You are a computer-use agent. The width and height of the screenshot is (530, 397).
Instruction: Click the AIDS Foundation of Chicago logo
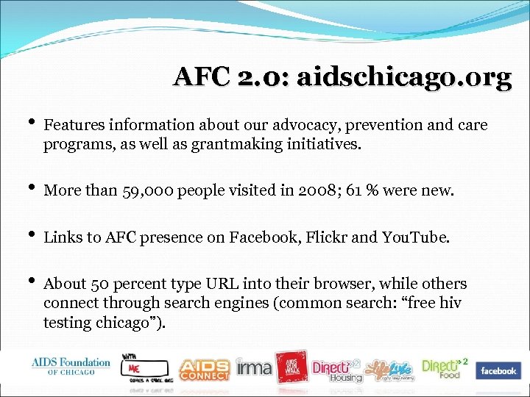(x=71, y=366)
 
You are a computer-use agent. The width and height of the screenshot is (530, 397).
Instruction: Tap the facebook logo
(x=498, y=371)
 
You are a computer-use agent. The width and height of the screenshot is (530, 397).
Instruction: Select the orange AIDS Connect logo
(x=204, y=369)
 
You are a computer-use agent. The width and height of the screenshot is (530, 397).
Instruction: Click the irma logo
(x=254, y=367)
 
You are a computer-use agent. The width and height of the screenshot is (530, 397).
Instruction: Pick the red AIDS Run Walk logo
(x=292, y=367)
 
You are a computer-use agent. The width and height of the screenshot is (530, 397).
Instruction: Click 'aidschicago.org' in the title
(x=403, y=77)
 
